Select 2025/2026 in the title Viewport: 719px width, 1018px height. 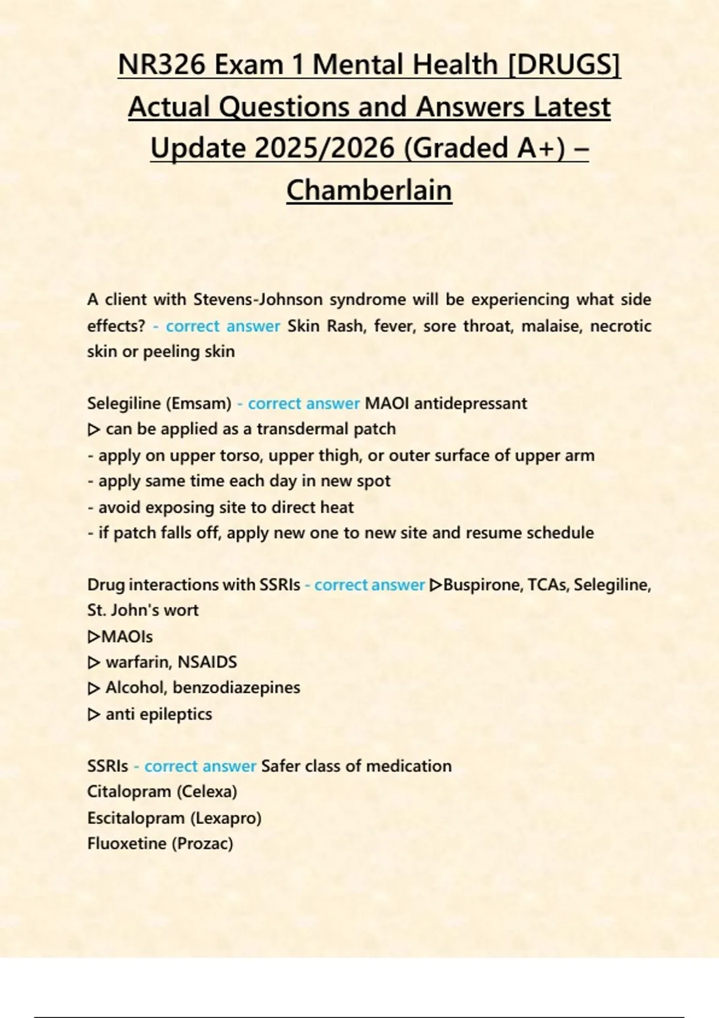pyautogui.click(x=327, y=148)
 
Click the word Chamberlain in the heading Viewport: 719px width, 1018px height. pyautogui.click(x=369, y=190)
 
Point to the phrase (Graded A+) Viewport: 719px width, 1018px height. pyautogui.click(x=485, y=148)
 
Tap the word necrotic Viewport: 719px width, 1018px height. pyautogui.click(x=621, y=326)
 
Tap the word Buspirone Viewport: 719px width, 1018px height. pyautogui.click(x=481, y=584)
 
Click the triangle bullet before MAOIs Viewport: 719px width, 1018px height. pyautogui.click(x=93, y=636)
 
